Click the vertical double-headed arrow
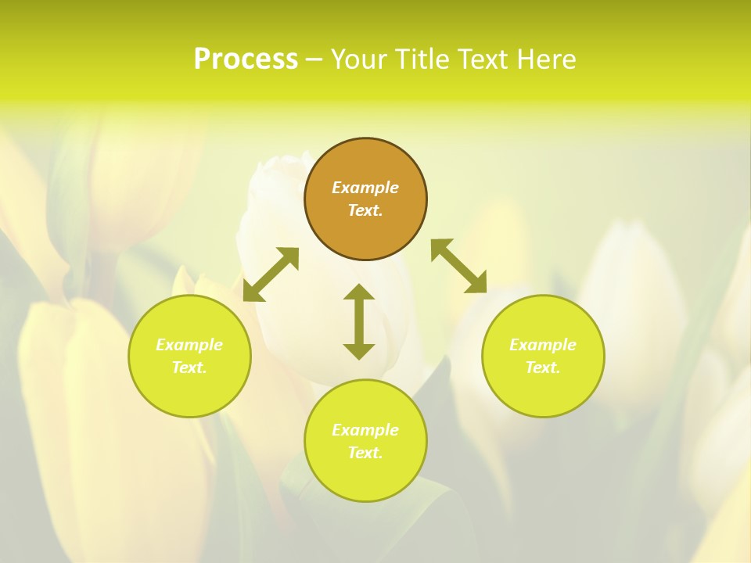[359, 322]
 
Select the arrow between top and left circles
[271, 274]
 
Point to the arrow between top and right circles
[458, 266]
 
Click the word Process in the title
[246, 59]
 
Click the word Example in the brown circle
[365, 188]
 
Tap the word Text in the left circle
[189, 368]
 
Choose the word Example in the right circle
[543, 345]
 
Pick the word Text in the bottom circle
[365, 453]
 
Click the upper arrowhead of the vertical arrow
[359, 292]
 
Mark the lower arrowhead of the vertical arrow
[359, 351]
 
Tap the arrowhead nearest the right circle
[476, 285]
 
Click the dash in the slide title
[314, 59]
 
